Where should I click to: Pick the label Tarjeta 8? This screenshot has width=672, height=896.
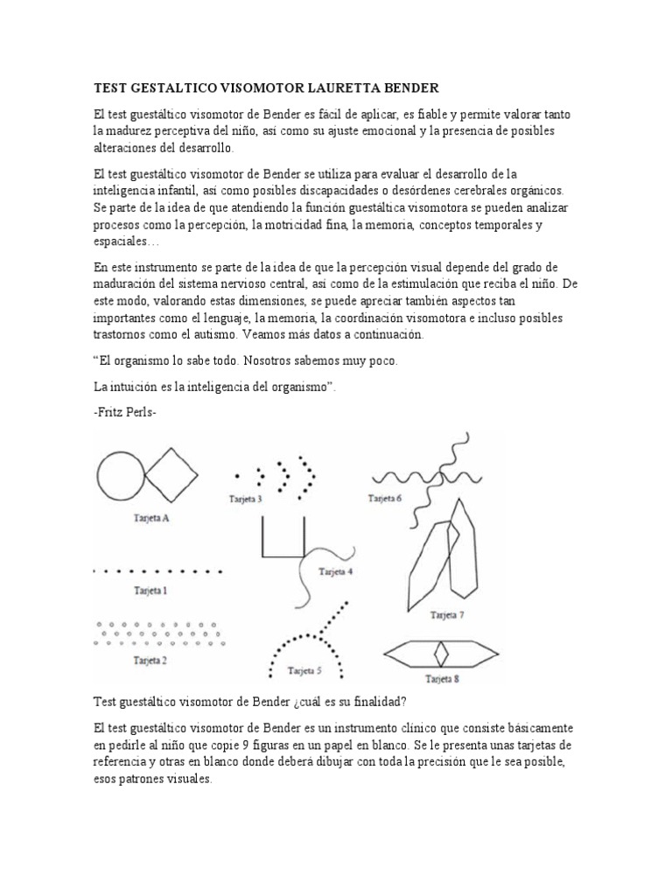point(442,679)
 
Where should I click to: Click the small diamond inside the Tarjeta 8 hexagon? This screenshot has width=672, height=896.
point(444,653)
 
